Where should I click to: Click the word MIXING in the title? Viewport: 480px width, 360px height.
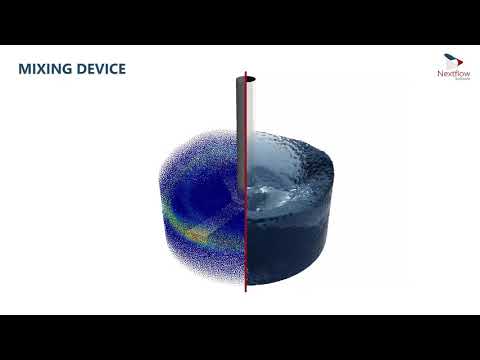[x=47, y=69]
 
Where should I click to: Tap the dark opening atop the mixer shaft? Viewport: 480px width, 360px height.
[x=246, y=79]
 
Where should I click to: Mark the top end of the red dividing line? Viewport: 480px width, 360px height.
[x=246, y=73]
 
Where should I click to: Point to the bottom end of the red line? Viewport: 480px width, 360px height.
[x=246, y=295]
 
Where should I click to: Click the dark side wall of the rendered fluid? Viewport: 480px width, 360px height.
[x=300, y=250]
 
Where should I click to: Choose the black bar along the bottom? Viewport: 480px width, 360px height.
[x=240, y=337]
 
